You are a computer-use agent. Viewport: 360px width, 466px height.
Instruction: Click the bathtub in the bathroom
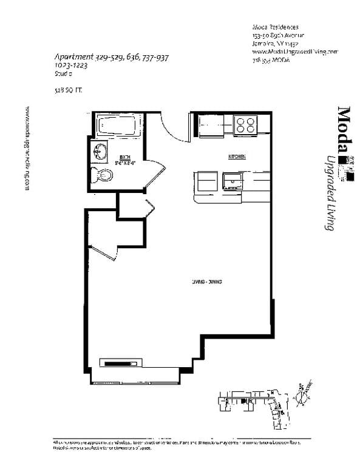tap(120, 127)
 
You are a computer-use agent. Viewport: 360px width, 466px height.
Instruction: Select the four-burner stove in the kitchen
tap(245, 125)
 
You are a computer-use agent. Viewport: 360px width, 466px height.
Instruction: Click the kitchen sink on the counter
tap(231, 180)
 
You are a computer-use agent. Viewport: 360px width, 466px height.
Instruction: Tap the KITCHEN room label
tap(237, 157)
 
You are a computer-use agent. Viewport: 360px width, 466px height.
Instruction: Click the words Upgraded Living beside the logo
tap(331, 194)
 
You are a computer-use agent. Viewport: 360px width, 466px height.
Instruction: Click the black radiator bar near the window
tap(121, 363)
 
